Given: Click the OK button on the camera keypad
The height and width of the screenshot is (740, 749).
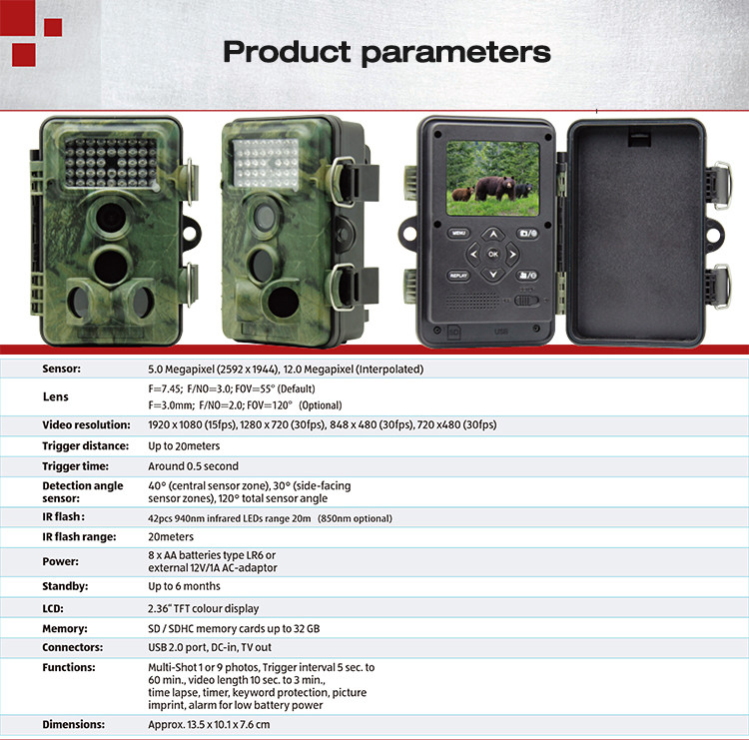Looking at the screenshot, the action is point(493,254).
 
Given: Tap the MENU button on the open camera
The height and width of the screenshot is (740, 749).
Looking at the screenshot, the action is point(458,233).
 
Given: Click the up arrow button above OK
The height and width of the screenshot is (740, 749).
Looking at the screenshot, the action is point(493,234).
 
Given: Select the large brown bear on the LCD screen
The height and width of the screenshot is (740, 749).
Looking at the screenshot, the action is point(495,188).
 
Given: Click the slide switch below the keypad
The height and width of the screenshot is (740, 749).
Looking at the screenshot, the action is point(526,301).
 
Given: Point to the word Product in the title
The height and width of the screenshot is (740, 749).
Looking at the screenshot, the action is point(287,51).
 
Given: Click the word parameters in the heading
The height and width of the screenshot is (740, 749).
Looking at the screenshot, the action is point(456,53).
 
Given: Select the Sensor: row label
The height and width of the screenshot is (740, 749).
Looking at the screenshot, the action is point(61,369).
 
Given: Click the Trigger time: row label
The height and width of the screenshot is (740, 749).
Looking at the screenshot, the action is point(76,466).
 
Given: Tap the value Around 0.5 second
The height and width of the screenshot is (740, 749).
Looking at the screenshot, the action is point(193,466).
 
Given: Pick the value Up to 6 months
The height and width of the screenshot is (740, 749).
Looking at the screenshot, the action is point(184,586).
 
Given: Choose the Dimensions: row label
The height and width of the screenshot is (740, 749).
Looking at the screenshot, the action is point(74,724).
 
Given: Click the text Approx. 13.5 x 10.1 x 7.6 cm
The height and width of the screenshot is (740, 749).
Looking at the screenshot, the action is point(209,725).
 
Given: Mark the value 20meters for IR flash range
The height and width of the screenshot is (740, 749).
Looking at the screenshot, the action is point(171,537).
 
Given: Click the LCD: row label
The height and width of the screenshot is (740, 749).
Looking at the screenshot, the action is point(53,608).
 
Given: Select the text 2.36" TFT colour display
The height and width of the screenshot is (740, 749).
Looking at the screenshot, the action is point(203,608).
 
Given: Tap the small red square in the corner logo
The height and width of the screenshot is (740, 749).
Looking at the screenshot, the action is point(53,27).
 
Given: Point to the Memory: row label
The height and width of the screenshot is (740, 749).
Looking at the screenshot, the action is point(65,629).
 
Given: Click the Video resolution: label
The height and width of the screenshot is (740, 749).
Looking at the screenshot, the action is point(86,424).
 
